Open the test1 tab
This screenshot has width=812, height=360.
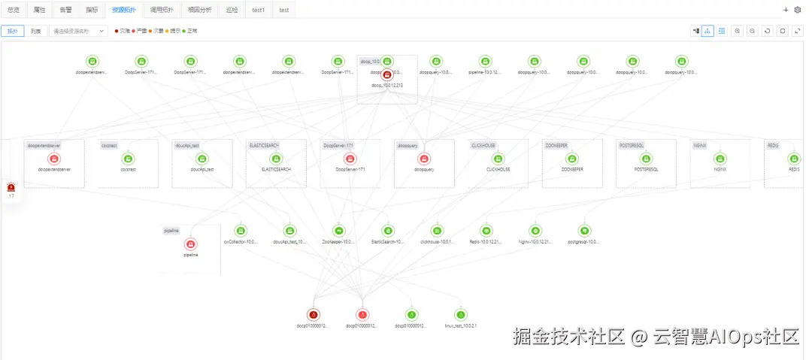pos(258,10)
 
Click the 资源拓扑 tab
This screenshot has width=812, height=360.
pos(124,10)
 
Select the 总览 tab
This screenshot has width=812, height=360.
pos(14,10)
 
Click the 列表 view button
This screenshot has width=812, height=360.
pos(36,31)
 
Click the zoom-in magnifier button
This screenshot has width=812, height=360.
pos(737,31)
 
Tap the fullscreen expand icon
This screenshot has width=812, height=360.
pos(797,31)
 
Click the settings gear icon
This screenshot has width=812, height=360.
pos(798,10)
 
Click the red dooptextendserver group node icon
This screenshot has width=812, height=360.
pos(53,159)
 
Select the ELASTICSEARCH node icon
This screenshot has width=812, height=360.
pos(275,159)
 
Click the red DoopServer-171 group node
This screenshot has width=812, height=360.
pos(350,159)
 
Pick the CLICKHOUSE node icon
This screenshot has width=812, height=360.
pos(498,159)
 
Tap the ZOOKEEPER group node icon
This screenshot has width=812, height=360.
pos(571,159)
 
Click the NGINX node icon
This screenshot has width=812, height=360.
pos(720,159)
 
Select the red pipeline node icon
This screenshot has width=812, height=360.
pos(190,244)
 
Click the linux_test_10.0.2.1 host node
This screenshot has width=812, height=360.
pos(461,314)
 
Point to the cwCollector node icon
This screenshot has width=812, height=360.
pos(241,231)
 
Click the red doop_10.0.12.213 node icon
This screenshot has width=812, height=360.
pos(386,74)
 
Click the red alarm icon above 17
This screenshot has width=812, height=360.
pos(11,186)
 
